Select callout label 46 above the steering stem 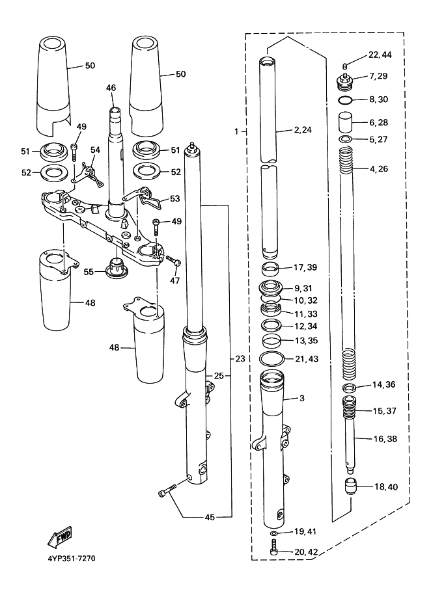click(x=111, y=87)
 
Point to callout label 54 click(x=95, y=150)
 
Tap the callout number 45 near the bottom click(x=210, y=518)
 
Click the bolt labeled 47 click(x=171, y=260)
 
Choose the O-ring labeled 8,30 click(x=347, y=100)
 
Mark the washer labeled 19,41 click(x=273, y=533)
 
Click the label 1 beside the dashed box click(x=237, y=131)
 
